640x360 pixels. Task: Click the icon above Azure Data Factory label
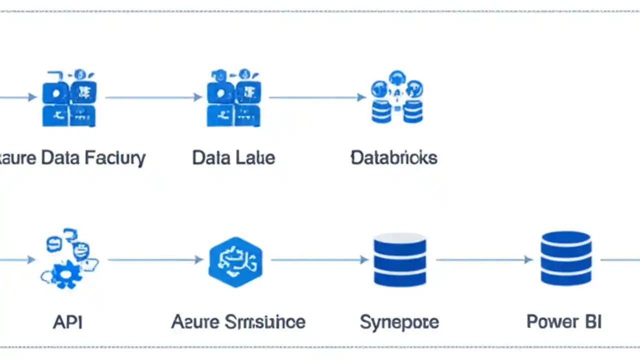pyautogui.click(x=69, y=98)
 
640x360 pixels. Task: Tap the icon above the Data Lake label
pyautogui.click(x=233, y=98)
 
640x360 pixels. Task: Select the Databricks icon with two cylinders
pyautogui.click(x=397, y=97)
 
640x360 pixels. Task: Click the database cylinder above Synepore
pyautogui.click(x=399, y=259)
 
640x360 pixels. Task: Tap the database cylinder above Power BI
pyautogui.click(x=566, y=258)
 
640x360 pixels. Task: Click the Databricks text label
pyautogui.click(x=394, y=158)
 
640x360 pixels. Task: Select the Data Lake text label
pyautogui.click(x=233, y=158)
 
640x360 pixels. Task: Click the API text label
pyautogui.click(x=67, y=321)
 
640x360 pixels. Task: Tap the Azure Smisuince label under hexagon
pyautogui.click(x=238, y=321)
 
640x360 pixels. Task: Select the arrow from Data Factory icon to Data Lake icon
pyautogui.click(x=152, y=97)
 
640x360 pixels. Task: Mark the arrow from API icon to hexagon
pyautogui.click(x=155, y=259)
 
